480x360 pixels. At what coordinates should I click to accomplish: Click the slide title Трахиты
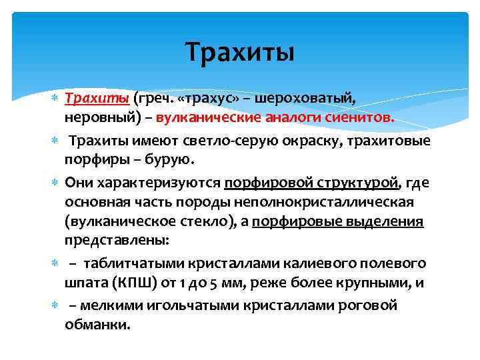pyautogui.click(x=239, y=51)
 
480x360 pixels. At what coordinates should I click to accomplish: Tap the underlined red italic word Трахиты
pyautogui.click(x=97, y=99)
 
